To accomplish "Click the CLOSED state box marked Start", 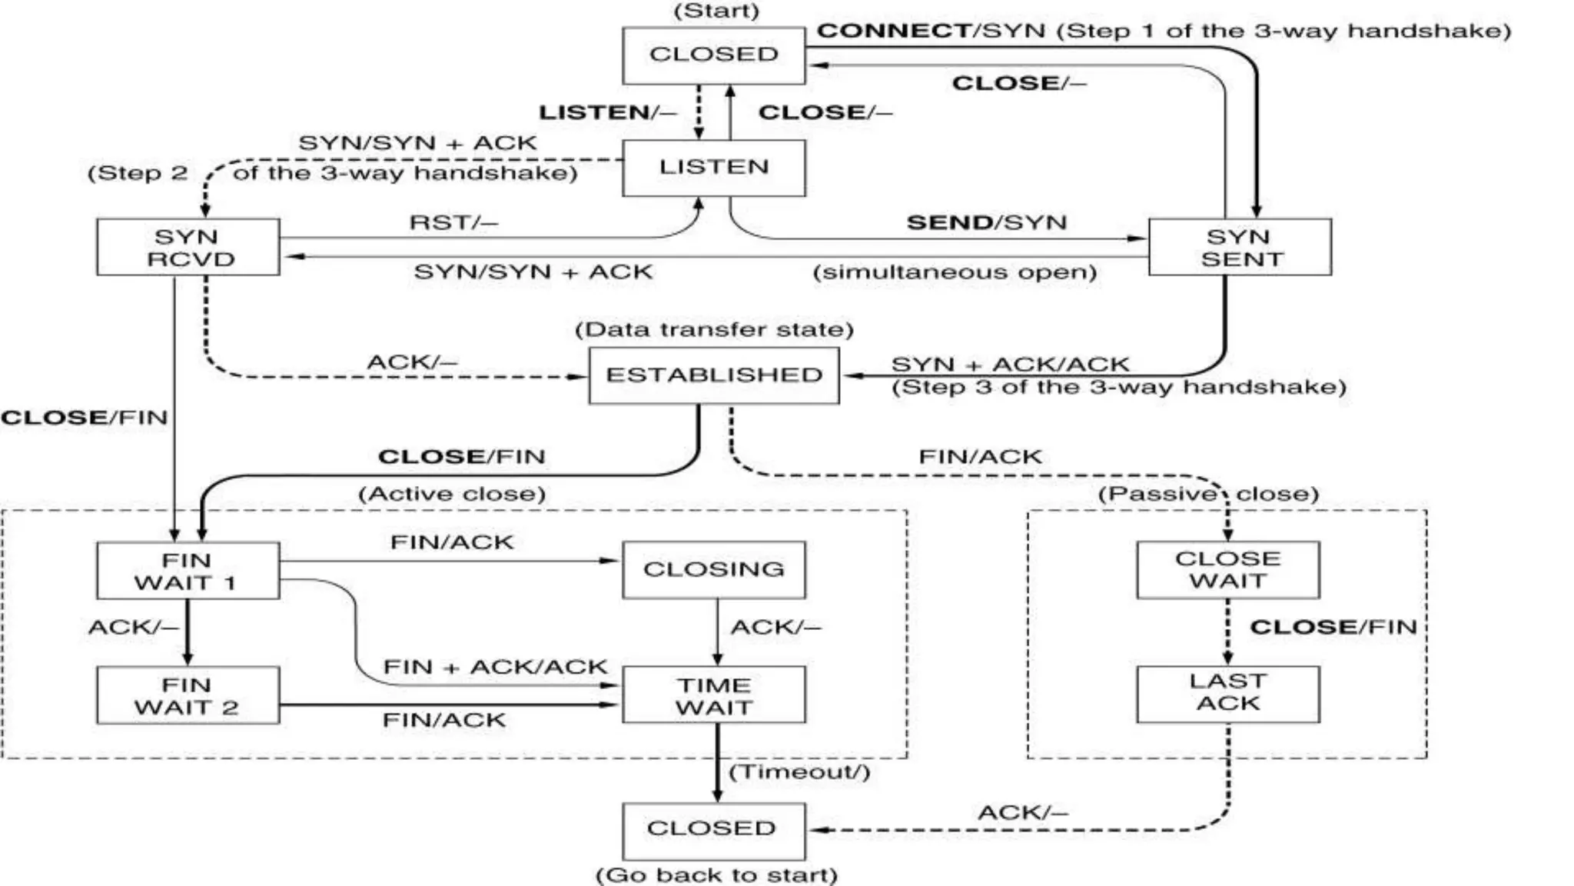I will pos(713,55).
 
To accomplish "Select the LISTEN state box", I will pos(713,168).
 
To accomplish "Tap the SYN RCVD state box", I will pos(188,247).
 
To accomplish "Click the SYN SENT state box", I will pos(1239,247).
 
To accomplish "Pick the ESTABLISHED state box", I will pos(713,375).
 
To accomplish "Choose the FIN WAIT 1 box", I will pos(188,571).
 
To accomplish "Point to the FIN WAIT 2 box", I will pos(188,695).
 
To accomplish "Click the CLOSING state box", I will pos(713,570).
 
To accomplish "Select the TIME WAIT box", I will pos(713,695).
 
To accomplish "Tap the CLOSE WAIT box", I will pos(1227,570).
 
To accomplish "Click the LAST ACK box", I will pos(1227,694).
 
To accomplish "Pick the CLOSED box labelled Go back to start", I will pos(713,831).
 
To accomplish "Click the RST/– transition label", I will pos(453,223).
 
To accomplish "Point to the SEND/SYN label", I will pos(987,223).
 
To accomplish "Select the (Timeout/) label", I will pos(799,772).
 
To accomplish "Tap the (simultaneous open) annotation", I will pos(955,272).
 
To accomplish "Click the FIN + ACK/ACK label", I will pos(495,667).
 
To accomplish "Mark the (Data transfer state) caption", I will pos(714,330).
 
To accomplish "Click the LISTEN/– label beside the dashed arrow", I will pos(607,113).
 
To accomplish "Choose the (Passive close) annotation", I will pos(1207,494).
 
